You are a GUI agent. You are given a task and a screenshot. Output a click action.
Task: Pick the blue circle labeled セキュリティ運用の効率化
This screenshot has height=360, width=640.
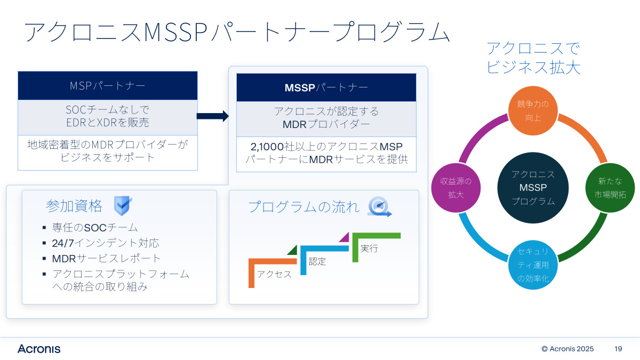(533, 265)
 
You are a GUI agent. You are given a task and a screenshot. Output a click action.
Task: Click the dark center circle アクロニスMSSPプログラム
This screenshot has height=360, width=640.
(533, 188)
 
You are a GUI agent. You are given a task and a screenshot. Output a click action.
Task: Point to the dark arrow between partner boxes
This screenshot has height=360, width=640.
(212, 116)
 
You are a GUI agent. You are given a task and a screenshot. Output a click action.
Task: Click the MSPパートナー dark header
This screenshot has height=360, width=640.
(108, 86)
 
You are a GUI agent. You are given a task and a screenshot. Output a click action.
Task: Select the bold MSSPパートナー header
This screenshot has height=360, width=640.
(326, 87)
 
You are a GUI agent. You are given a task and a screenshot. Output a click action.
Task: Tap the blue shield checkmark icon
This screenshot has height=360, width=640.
(123, 205)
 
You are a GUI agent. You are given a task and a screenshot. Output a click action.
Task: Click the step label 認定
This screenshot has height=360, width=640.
(317, 261)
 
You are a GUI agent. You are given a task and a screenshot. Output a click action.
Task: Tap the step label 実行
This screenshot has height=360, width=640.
(369, 248)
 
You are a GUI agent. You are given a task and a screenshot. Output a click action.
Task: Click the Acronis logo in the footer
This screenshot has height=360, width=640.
(39, 349)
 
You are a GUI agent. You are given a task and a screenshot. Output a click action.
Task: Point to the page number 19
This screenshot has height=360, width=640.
(619, 349)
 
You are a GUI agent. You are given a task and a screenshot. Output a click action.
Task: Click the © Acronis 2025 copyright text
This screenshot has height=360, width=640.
(567, 349)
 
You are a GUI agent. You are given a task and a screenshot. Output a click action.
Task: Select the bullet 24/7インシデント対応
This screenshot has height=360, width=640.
(106, 243)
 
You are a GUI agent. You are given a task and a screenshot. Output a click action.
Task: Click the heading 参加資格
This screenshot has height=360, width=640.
(74, 205)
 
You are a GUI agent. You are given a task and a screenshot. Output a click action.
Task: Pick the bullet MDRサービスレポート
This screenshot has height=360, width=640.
(107, 259)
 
